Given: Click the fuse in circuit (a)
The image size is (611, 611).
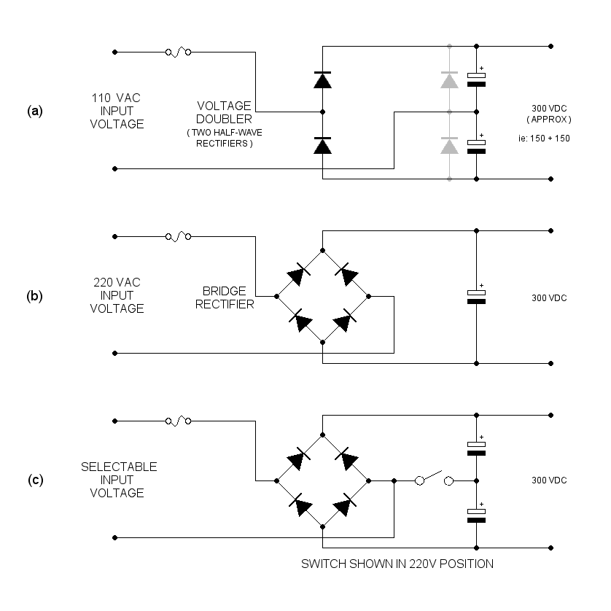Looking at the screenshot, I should pyautogui.click(x=179, y=52).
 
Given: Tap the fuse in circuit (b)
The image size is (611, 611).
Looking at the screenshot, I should pyautogui.click(x=179, y=236).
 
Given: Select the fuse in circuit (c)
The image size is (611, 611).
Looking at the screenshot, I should pyautogui.click(x=179, y=421).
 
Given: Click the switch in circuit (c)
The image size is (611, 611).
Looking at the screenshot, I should pyautogui.click(x=434, y=480).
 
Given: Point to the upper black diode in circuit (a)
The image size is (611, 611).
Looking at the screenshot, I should pyautogui.click(x=322, y=79).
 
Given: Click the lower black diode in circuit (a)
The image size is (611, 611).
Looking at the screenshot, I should pyautogui.click(x=322, y=146).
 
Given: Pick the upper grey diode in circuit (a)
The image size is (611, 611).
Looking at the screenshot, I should pyautogui.click(x=449, y=79).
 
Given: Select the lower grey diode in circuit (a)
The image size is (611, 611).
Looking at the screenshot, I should pyautogui.click(x=449, y=146).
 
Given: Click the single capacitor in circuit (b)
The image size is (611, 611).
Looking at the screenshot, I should pyautogui.click(x=476, y=295).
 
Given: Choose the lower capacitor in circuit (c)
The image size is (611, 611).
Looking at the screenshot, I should pyautogui.click(x=476, y=515).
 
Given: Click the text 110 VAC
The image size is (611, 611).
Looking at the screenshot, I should pyautogui.click(x=117, y=98).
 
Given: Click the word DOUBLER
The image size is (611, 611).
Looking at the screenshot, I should pyautogui.click(x=226, y=119).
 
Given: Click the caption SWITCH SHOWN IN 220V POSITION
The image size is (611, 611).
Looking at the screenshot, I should pyautogui.click(x=397, y=564).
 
